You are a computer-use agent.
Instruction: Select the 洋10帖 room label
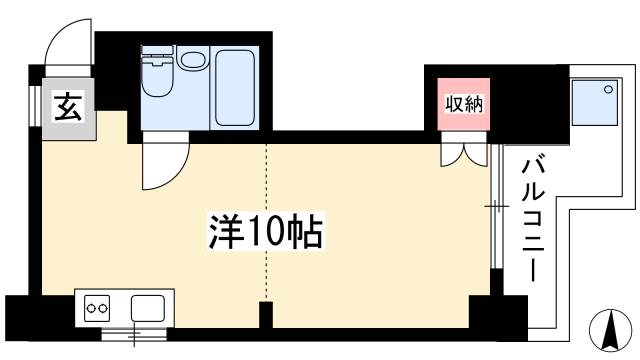pos(265,232)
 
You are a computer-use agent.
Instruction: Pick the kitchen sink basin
pos(147,307)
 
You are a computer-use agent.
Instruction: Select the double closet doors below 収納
pos(464,154)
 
